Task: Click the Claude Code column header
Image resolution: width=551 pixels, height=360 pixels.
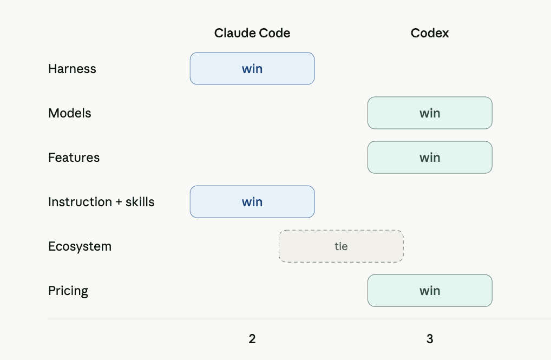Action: (x=252, y=33)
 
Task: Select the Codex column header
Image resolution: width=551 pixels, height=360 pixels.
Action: (x=430, y=33)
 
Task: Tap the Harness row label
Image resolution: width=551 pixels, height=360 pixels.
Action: (x=72, y=69)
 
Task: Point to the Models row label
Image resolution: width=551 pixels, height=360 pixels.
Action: (x=70, y=113)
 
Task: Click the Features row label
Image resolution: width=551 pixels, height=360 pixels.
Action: (x=74, y=158)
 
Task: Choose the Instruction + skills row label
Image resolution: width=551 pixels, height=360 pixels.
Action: (x=101, y=202)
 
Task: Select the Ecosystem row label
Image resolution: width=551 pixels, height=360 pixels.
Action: (x=80, y=246)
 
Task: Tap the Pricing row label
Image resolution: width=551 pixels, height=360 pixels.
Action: (x=68, y=291)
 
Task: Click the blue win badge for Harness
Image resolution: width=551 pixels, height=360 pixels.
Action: (x=252, y=69)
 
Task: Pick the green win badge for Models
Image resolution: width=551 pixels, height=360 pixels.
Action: (x=430, y=113)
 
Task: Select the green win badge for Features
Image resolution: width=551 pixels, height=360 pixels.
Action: (x=430, y=158)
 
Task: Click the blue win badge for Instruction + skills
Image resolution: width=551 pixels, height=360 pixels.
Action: (x=252, y=202)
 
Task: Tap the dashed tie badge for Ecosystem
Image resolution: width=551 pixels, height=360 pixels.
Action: (x=341, y=246)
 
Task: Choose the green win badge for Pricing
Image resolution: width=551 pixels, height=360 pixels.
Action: (x=430, y=291)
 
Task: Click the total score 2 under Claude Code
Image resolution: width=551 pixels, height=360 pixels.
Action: (x=252, y=339)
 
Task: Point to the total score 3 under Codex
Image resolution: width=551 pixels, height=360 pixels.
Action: (x=430, y=339)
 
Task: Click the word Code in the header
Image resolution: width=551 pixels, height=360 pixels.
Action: (x=274, y=33)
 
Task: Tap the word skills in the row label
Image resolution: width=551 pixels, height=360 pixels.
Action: (x=140, y=202)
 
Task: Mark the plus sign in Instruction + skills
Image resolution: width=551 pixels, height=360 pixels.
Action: (x=119, y=202)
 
